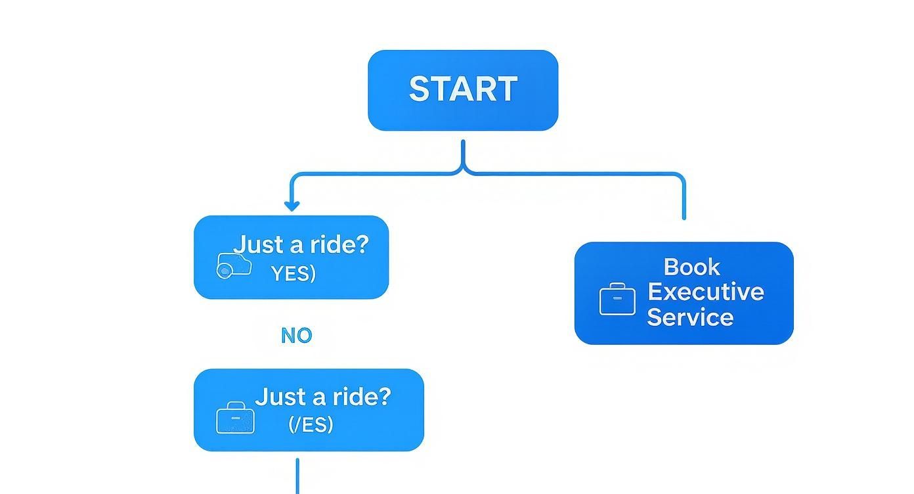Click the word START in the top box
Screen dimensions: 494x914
coord(463,89)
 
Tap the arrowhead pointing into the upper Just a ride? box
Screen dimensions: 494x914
coord(292,206)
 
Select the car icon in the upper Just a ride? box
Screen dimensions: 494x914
coord(234,265)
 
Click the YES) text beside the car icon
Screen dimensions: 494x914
coord(294,273)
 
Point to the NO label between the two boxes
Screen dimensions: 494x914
coord(296,336)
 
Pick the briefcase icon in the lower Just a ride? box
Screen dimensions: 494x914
coord(235,418)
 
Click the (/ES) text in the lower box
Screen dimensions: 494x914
coord(311,424)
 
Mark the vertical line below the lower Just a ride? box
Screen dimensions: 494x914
coord(297,476)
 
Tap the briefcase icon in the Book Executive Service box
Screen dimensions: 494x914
coord(617,300)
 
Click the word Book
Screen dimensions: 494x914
coord(691,267)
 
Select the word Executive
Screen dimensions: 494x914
coord(706,292)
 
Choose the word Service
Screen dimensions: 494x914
coord(690,317)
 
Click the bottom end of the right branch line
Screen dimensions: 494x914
coord(684,217)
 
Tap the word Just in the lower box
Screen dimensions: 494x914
coord(280,397)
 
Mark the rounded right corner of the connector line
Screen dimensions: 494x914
coord(680,176)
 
